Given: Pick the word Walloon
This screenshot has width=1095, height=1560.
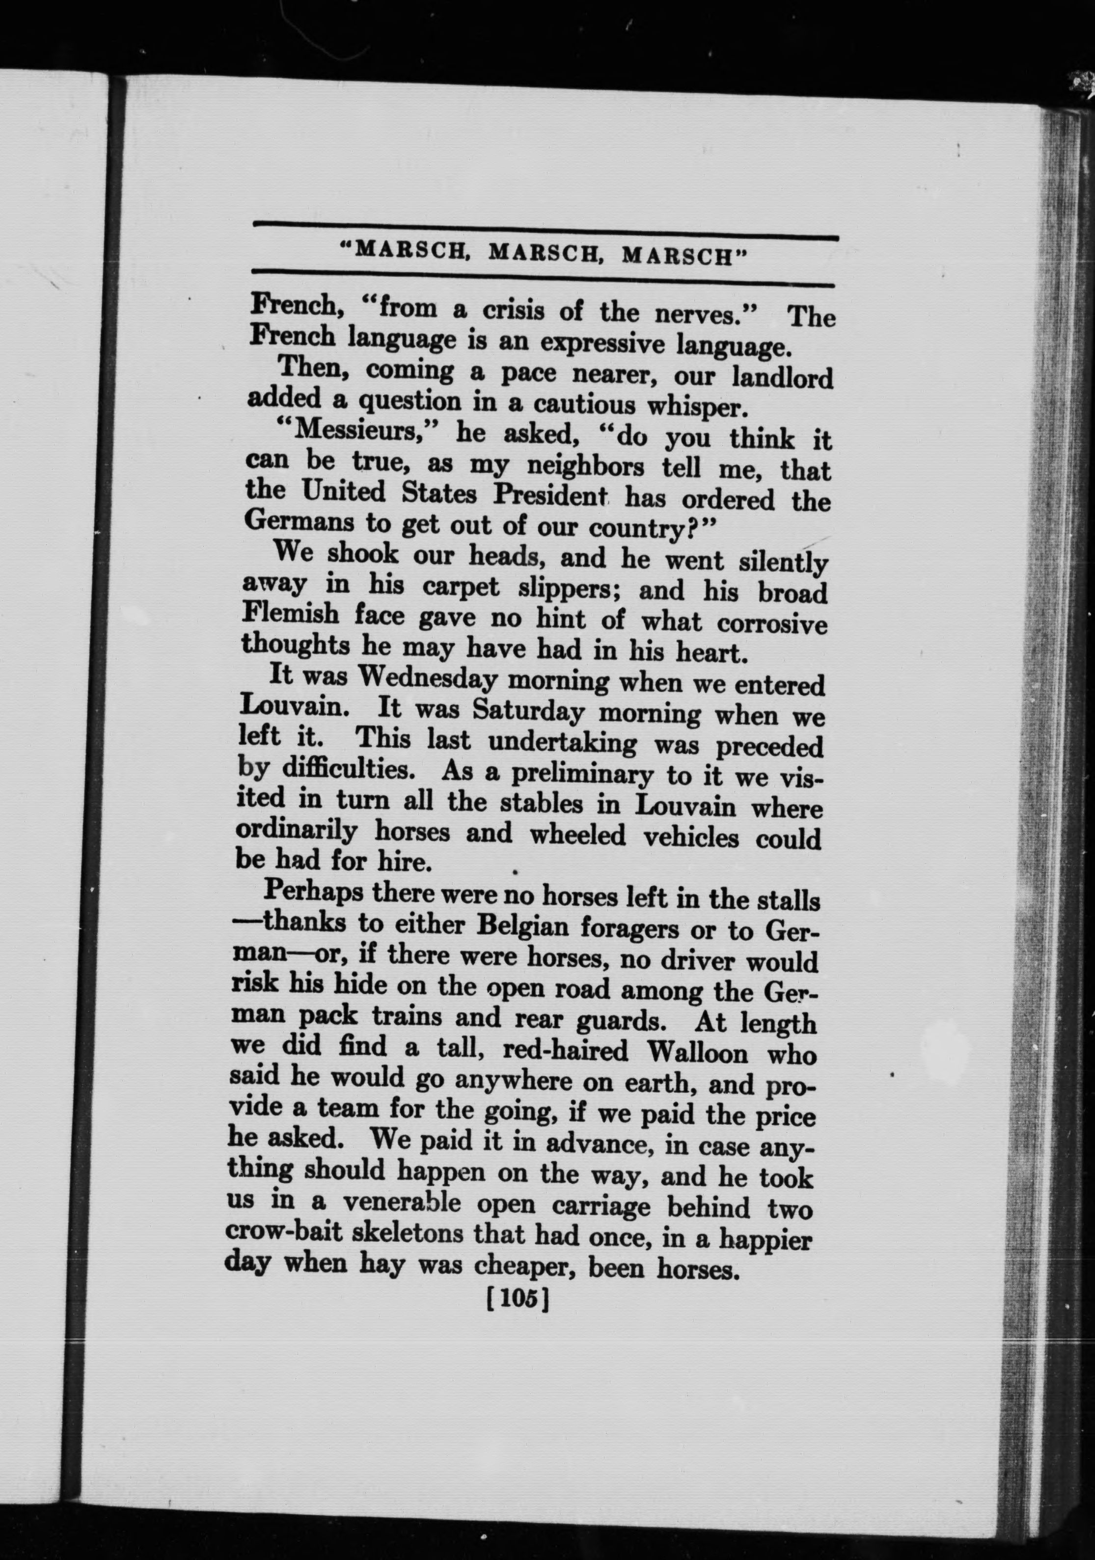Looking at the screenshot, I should [x=698, y=1052].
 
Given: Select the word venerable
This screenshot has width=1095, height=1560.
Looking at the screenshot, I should [x=402, y=1202].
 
